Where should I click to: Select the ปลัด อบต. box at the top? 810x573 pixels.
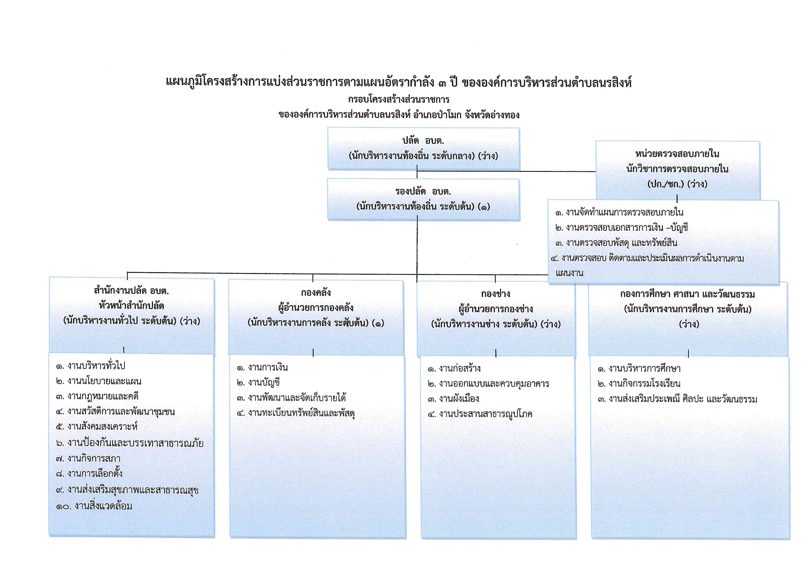[x=423, y=149]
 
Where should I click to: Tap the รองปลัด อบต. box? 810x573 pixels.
[x=423, y=200]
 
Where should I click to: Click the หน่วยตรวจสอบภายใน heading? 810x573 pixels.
[x=677, y=154]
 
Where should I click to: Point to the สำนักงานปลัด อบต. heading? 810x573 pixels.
[x=131, y=291]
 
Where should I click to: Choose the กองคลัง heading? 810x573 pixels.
[x=316, y=293]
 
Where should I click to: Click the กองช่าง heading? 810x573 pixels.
[x=495, y=294]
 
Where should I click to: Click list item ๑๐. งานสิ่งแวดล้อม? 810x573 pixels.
[x=94, y=506]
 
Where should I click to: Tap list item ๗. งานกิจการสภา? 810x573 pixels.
[x=88, y=458]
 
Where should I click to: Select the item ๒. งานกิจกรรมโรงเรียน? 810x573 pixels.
[x=639, y=384]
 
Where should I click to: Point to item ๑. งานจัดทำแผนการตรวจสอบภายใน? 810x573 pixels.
[x=619, y=212]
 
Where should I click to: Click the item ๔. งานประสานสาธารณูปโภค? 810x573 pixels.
[x=480, y=414]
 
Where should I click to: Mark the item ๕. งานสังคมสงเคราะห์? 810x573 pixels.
[x=97, y=427]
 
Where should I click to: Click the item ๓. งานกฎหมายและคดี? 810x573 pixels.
[x=97, y=396]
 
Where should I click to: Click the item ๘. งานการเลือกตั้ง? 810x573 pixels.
[x=89, y=473]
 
